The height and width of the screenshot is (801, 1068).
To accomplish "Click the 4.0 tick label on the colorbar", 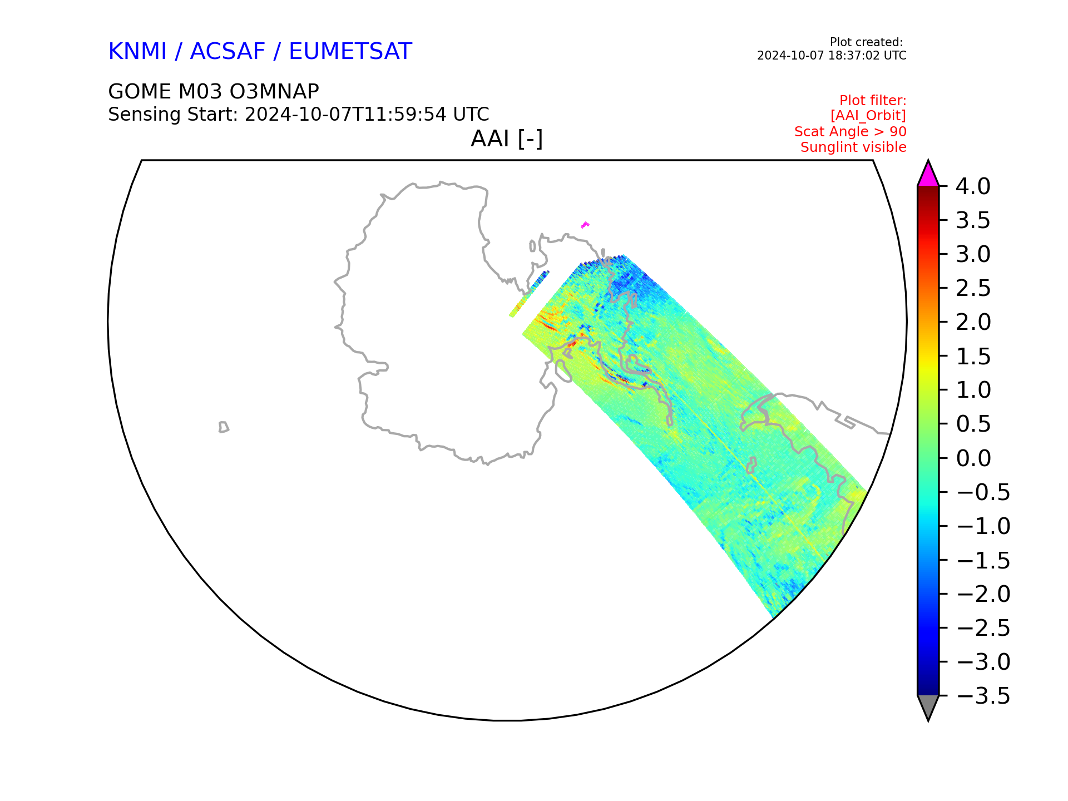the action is tap(973, 186).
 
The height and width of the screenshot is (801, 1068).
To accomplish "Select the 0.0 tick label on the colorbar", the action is tap(973, 458).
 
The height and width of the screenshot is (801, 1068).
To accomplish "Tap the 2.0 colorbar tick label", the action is tap(973, 322).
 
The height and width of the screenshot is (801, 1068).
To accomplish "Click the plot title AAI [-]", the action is tap(507, 139).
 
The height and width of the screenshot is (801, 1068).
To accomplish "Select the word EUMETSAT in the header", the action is tap(350, 51).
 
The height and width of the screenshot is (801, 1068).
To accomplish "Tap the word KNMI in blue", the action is tap(137, 51).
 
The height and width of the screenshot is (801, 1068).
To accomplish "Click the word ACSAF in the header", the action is tap(228, 51).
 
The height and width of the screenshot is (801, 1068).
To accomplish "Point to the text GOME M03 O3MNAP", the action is tap(214, 91).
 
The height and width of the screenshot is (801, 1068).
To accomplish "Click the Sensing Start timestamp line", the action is tap(299, 114).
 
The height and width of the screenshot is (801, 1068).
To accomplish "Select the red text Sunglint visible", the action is tap(853, 147).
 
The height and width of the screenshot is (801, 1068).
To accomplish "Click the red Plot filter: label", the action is tap(873, 101).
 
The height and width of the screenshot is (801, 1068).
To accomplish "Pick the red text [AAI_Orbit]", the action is tap(868, 116).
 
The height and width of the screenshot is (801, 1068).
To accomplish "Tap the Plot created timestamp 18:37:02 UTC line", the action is tap(832, 56).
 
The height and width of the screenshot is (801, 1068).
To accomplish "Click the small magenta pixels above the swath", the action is tap(585, 225).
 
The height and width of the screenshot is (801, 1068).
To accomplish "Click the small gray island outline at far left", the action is tap(224, 427).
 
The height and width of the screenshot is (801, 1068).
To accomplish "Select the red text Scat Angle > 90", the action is tap(851, 132).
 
